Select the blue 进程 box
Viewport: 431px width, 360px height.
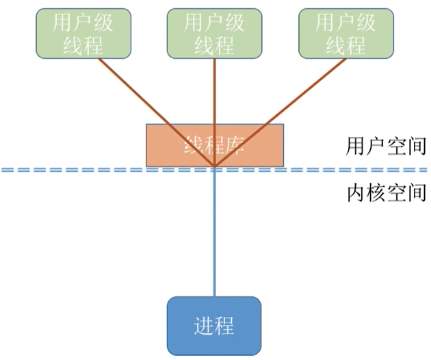[x=215, y=326]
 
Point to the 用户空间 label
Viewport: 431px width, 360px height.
[x=387, y=146]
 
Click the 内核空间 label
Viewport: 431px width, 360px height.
[x=387, y=194]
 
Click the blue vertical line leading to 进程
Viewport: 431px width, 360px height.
[x=215, y=233]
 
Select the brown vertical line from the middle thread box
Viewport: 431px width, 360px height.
[x=215, y=96]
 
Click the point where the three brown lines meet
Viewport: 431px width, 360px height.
[x=215, y=166]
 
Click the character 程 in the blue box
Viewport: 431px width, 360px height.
[x=225, y=326]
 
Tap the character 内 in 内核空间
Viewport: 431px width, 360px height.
[x=356, y=194]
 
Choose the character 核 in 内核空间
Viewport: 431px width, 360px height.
[x=376, y=194]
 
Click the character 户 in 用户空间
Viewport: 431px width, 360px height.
[x=376, y=146]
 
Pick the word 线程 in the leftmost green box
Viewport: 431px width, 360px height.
[x=83, y=45]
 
